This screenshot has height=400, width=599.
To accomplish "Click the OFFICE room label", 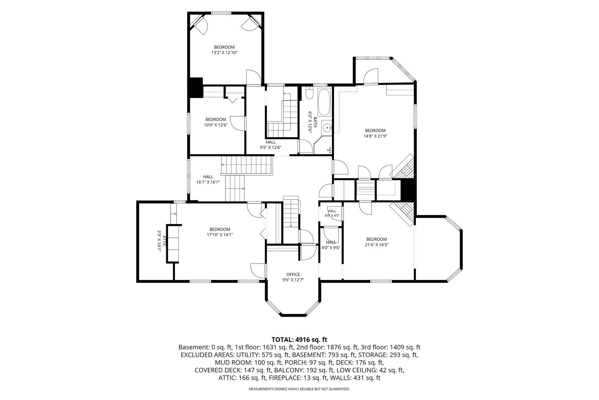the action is coord(293,274).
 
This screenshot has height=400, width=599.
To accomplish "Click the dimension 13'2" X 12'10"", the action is coord(224,53).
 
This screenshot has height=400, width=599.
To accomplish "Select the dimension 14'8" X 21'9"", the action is coord(375,136).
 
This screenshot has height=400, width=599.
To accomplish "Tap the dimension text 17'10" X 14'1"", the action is coord(220,235).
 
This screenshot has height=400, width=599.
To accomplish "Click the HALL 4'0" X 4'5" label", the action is coord(332,213).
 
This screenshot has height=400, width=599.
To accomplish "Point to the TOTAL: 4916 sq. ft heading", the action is coord(299,340).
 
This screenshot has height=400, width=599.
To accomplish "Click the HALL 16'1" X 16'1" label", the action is coord(208,179).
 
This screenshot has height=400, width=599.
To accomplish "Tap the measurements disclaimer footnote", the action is coord(299,389).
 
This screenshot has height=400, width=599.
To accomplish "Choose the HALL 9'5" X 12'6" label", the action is coord(271,145).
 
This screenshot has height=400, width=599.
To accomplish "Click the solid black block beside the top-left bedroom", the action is coord(196,87).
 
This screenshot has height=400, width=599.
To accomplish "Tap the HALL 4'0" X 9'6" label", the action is coord(331,245).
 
